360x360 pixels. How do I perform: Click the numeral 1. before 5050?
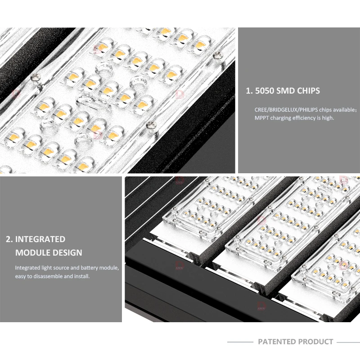tap(249, 91)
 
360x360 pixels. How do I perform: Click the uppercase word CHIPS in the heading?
tap(309, 91)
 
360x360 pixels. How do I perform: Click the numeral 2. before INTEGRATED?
tap(9, 239)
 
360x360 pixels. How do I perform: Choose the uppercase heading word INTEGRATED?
tap(40, 239)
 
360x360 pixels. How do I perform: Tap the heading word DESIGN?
tap(68, 252)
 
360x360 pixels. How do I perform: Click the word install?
tap(81, 276)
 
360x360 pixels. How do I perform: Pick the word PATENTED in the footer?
tap(276, 342)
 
